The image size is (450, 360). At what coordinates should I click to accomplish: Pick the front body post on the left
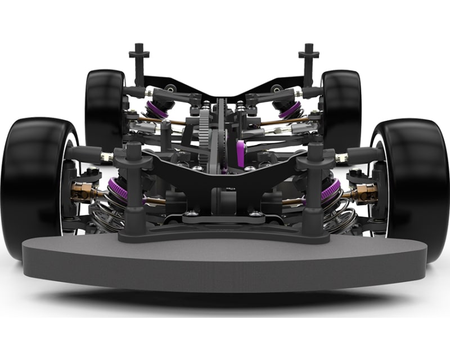[x=134, y=186]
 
